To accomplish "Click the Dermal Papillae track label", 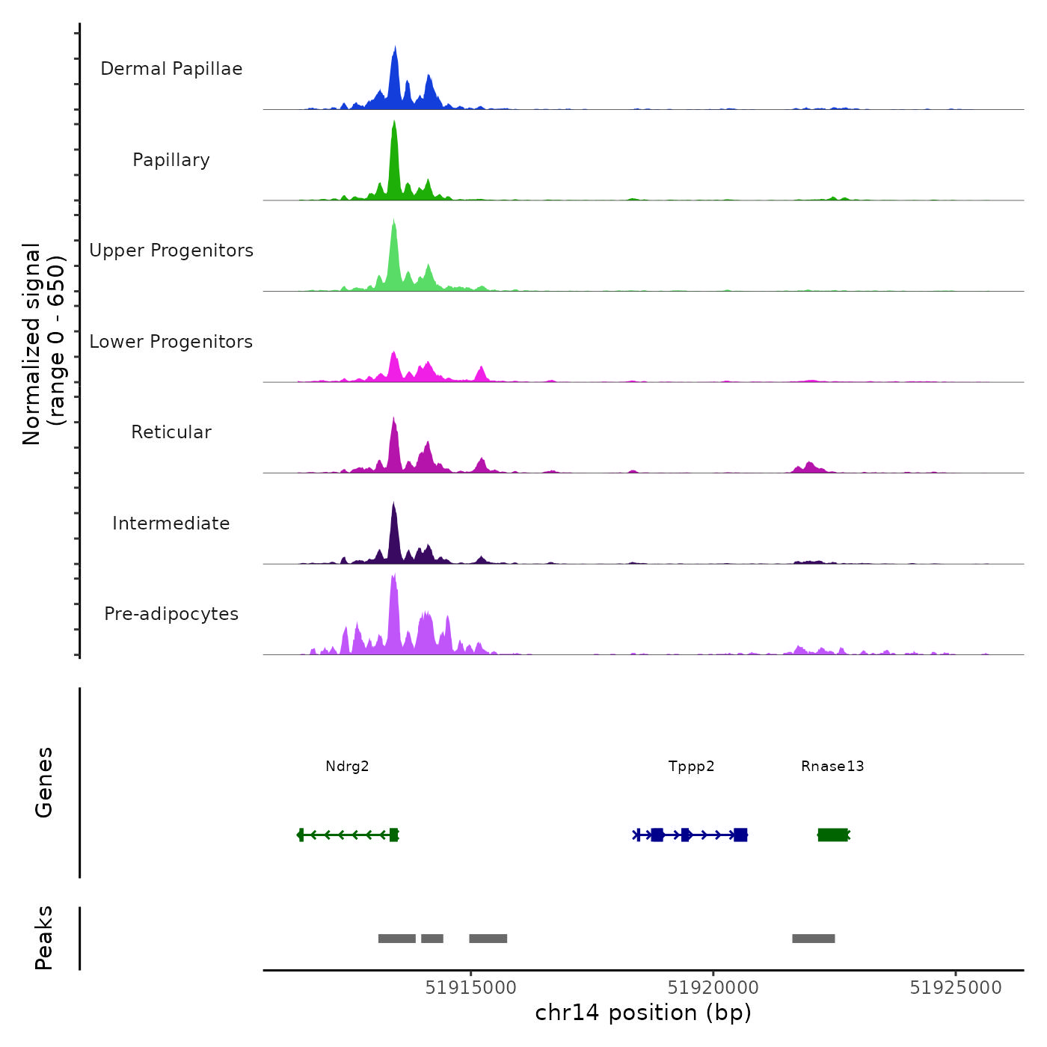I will tap(171, 69).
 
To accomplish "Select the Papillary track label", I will tap(171, 160).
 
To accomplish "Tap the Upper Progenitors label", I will tap(171, 251).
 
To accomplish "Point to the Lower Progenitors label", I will tap(171, 342).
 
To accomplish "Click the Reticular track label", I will tap(171, 432).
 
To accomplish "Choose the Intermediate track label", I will tap(171, 523).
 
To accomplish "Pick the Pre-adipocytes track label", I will tap(171, 614).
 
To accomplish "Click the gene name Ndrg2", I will tap(347, 766).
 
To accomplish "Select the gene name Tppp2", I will tap(691, 766).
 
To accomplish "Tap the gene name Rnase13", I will tap(832, 766).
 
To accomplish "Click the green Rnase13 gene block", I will tap(833, 835).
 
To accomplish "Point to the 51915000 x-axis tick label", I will tap(470, 988).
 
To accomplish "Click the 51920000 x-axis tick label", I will tap(713, 988).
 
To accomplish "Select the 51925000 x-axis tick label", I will tap(955, 988).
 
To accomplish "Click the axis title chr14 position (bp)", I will tap(643, 1013).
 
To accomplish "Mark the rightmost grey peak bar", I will tap(813, 939).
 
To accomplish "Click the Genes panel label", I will tap(43, 782).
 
